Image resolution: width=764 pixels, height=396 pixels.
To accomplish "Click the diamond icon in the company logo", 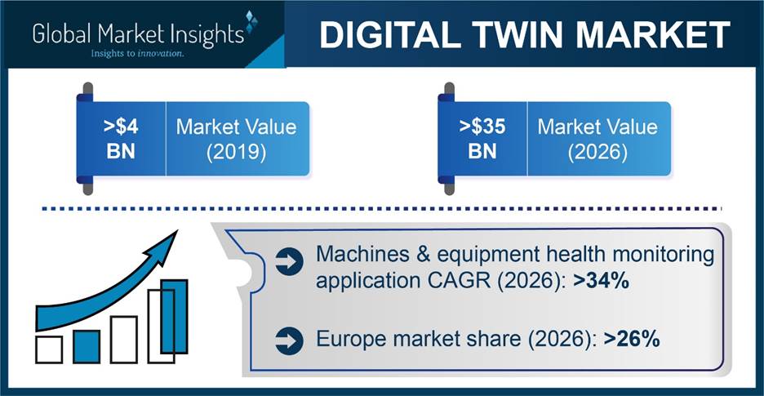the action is [251, 22].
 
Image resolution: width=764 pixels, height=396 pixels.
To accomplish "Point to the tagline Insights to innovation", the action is [137, 54].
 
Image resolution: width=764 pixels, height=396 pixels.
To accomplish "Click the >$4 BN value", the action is [122, 140].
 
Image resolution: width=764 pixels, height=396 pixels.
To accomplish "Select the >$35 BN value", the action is [482, 140].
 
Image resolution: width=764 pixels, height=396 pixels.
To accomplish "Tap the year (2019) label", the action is [237, 153].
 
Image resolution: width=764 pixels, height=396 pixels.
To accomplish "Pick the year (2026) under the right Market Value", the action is [597, 153].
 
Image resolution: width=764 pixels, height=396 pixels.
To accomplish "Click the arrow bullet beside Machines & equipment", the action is [289, 263].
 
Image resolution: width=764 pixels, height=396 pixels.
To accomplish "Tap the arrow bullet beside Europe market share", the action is [289, 340].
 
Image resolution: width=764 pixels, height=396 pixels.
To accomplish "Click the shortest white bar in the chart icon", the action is [49, 349].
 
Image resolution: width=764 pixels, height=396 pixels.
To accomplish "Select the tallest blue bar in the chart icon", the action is [174, 316].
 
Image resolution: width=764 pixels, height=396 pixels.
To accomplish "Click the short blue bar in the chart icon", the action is [87, 346].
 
